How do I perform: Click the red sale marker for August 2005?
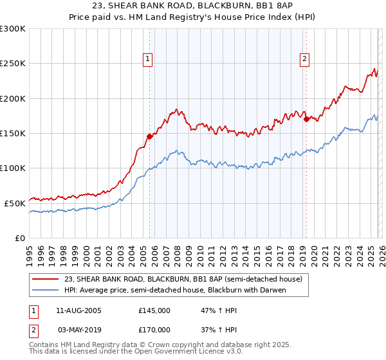(149, 136)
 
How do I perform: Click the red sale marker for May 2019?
(306, 119)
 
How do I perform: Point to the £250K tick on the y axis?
(13, 64)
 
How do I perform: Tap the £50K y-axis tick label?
(15, 203)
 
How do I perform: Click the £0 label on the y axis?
(21, 238)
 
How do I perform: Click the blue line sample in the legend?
(46, 290)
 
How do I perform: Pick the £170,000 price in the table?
(154, 329)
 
